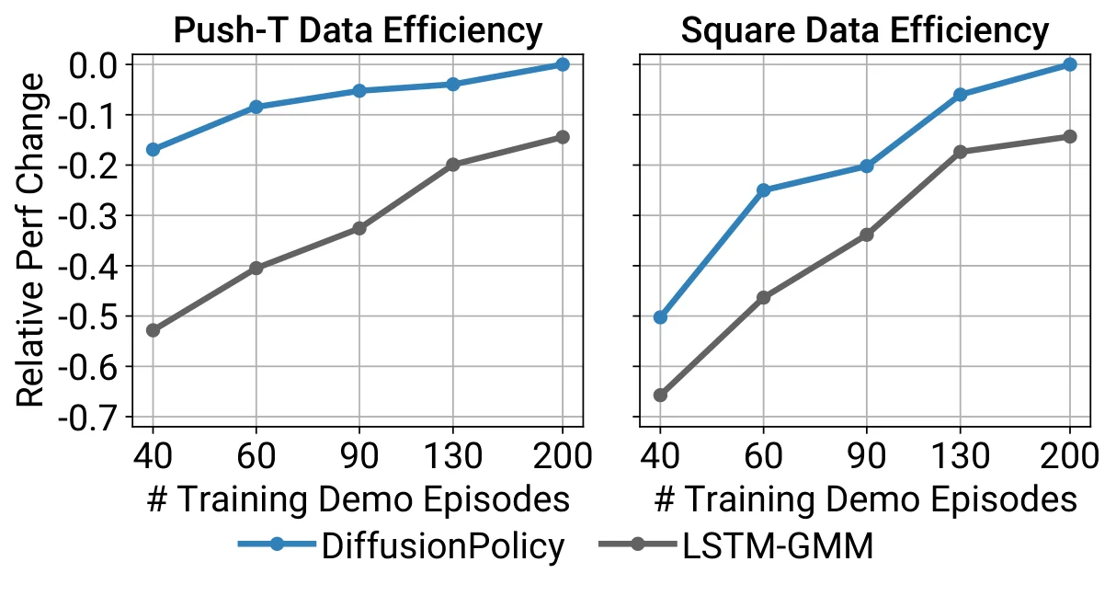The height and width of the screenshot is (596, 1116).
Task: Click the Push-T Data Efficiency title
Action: click(x=358, y=31)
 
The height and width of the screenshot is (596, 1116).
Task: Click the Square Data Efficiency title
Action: click(x=865, y=31)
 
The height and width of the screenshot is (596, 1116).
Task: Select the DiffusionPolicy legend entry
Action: click(x=401, y=546)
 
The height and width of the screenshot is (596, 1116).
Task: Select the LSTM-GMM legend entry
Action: click(x=736, y=546)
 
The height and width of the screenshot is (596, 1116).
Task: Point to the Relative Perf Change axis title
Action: click(x=30, y=240)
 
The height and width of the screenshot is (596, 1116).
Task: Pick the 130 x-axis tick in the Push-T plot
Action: click(x=453, y=455)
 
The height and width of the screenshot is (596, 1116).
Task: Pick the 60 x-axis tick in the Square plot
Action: click(x=763, y=455)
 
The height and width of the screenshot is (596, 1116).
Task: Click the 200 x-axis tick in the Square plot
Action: click(x=1070, y=455)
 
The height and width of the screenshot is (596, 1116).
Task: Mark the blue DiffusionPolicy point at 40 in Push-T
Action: click(x=153, y=149)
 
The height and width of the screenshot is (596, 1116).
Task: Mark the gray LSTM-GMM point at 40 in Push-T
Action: click(x=153, y=330)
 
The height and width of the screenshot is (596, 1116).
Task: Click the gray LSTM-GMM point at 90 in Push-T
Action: click(x=359, y=228)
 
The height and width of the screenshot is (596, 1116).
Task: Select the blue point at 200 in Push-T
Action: click(x=563, y=64)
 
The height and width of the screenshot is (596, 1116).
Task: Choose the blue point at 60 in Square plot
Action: click(x=763, y=189)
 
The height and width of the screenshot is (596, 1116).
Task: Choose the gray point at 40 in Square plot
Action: click(x=660, y=395)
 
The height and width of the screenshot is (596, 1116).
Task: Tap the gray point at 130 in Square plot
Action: click(x=960, y=151)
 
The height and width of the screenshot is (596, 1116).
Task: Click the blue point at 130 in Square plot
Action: click(x=960, y=94)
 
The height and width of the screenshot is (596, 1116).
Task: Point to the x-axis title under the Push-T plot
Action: click(x=358, y=499)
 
